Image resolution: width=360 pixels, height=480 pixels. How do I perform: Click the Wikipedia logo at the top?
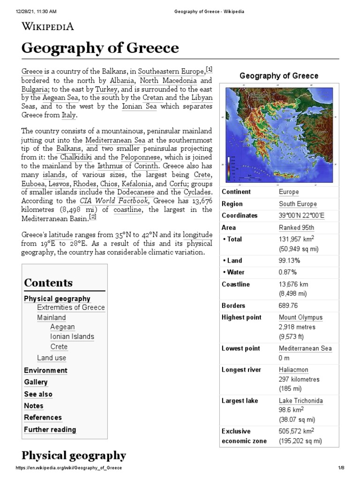[x=48, y=26]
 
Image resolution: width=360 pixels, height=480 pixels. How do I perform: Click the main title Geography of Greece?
[x=100, y=48]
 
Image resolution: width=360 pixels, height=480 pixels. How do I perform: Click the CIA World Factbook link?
[x=115, y=201]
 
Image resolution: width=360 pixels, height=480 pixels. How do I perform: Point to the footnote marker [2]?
[x=93, y=217]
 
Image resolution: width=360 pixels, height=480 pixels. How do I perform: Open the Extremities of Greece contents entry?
[x=71, y=307]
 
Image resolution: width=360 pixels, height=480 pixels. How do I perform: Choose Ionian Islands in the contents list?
[x=72, y=337]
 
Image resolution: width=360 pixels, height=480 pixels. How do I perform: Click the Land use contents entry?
[x=52, y=358]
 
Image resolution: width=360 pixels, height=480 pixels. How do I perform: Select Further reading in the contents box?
[x=50, y=429]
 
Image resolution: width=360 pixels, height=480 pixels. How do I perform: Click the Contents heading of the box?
[x=48, y=283]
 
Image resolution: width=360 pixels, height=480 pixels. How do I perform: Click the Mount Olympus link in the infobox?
[x=300, y=317]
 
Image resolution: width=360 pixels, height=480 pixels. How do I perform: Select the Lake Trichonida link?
[x=300, y=401]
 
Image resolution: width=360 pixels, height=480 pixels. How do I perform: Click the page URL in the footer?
[x=68, y=468]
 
